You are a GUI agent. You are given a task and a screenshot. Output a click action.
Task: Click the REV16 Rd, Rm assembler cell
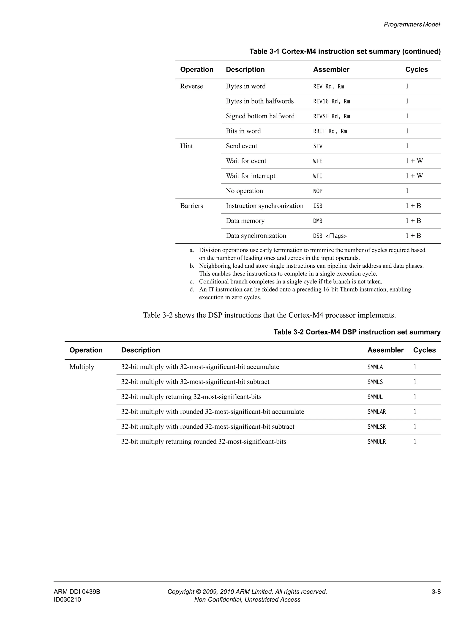(331, 101)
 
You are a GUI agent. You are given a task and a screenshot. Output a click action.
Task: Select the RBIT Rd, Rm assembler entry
(330, 131)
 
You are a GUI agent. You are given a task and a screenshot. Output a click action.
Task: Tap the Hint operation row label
(186, 146)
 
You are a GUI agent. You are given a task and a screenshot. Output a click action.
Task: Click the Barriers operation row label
(191, 206)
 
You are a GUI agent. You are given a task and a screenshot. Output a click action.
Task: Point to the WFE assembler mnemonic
(317, 161)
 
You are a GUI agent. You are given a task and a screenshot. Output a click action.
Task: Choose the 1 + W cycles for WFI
(414, 176)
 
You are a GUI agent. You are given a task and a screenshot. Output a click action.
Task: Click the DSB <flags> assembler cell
(330, 236)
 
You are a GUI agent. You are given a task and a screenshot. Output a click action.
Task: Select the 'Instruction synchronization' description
(264, 206)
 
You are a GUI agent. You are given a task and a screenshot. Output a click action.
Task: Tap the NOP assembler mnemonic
(317, 191)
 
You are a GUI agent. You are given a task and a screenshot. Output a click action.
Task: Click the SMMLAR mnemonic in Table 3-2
(376, 412)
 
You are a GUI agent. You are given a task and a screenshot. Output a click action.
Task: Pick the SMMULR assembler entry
(376, 442)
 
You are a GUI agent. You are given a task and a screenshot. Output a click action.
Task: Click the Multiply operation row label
(82, 367)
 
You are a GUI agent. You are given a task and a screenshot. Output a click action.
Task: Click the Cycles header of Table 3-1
(416, 70)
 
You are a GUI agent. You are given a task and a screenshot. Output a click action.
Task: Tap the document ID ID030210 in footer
(67, 600)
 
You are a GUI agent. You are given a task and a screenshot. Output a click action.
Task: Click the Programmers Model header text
(412, 24)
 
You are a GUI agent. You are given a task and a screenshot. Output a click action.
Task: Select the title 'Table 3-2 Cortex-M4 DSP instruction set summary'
(357, 332)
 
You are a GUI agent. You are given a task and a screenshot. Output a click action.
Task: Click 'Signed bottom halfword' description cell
(260, 116)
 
